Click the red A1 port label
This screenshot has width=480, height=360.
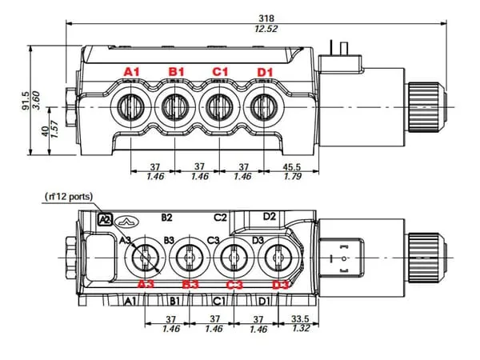click(x=131, y=72)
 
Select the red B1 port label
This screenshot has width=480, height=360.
click(x=176, y=72)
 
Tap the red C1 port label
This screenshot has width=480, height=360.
click(x=220, y=72)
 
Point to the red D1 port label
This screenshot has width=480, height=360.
click(x=265, y=73)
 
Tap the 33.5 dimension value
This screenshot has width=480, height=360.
click(x=301, y=318)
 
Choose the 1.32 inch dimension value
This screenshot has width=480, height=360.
click(x=301, y=328)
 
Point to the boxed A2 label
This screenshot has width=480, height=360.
click(x=103, y=218)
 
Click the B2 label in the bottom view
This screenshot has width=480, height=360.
click(x=166, y=217)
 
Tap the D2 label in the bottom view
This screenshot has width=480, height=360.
click(x=269, y=216)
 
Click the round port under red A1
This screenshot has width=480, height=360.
click(x=130, y=105)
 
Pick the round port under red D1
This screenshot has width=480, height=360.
click(x=262, y=105)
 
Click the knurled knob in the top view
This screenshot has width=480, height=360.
click(x=422, y=105)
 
